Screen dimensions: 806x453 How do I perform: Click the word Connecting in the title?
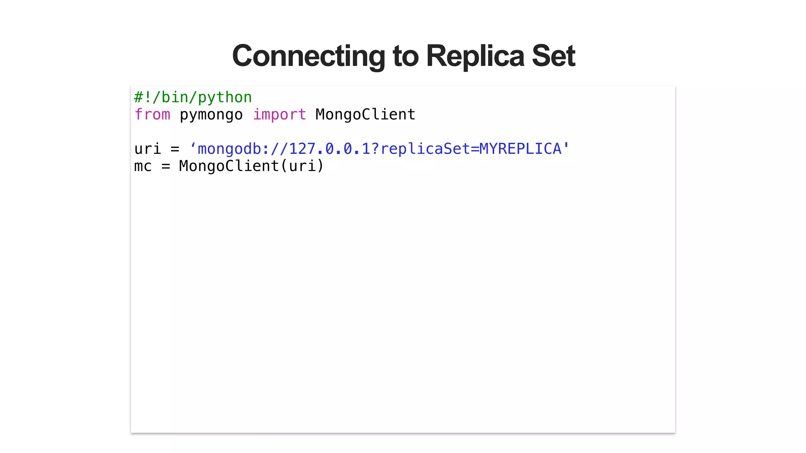[x=309, y=56]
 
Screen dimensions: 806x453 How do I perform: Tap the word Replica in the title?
[x=475, y=56]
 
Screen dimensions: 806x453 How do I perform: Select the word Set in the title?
[x=553, y=56]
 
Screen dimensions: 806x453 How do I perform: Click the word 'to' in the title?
[x=406, y=56]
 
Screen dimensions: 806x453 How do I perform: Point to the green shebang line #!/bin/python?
[x=193, y=98]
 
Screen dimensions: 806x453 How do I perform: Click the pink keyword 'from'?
[x=152, y=115]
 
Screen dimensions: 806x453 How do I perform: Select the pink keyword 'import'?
[x=279, y=115]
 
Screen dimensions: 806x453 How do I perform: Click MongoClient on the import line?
[x=365, y=115]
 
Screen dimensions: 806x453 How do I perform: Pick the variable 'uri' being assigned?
[x=148, y=149]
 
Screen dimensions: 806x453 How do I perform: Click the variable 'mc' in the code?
[x=143, y=166]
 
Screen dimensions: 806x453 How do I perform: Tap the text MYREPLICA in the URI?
[x=520, y=149]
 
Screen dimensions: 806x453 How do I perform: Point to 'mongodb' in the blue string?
[x=229, y=149]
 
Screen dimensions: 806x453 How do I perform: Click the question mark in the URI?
[x=375, y=149]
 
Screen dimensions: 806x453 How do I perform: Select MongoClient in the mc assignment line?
[x=229, y=166]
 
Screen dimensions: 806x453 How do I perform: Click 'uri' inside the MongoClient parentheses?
[x=302, y=166]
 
